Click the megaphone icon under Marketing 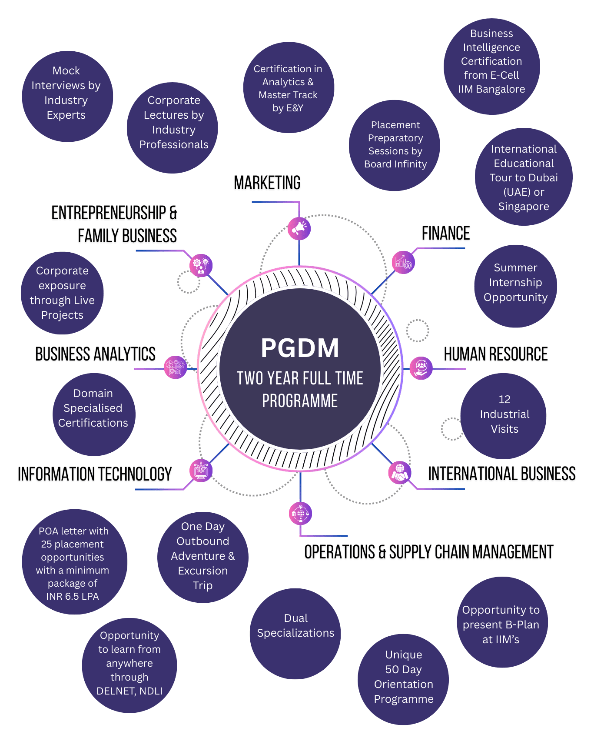(299, 228)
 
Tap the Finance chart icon (403, 262)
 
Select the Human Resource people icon (421, 368)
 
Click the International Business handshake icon (399, 473)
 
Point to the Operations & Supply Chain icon (300, 513)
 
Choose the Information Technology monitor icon (201, 471)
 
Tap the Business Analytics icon (175, 367)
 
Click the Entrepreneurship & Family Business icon (201, 265)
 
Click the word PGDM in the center (300, 348)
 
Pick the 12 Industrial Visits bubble (504, 415)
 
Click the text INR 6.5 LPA (73, 596)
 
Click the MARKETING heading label (267, 184)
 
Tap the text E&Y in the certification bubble (294, 108)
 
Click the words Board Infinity (395, 164)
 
